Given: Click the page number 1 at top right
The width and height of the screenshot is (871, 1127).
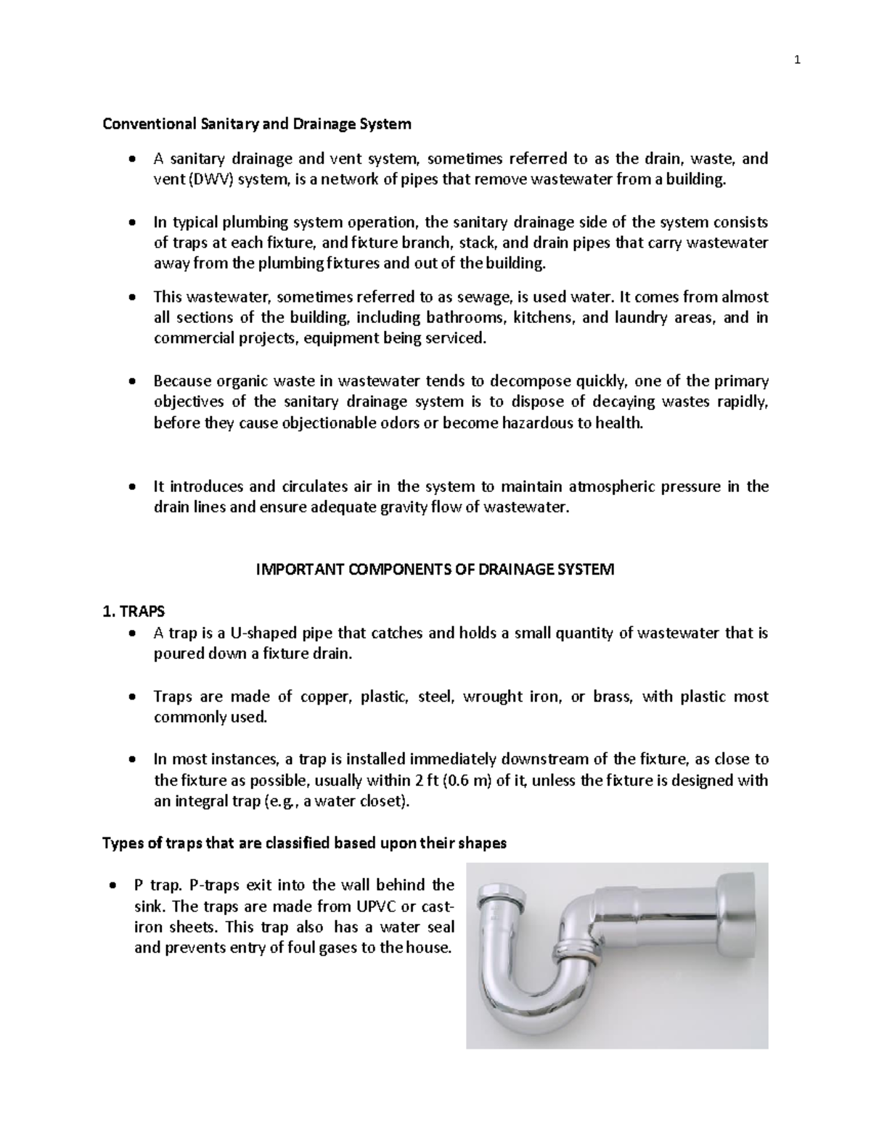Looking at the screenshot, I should pyautogui.click(x=797, y=60).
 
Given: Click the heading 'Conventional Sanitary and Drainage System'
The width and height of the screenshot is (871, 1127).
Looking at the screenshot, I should pyautogui.click(x=256, y=124).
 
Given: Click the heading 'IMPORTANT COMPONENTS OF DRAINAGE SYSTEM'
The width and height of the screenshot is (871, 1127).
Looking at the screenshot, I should pyautogui.click(x=435, y=570).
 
